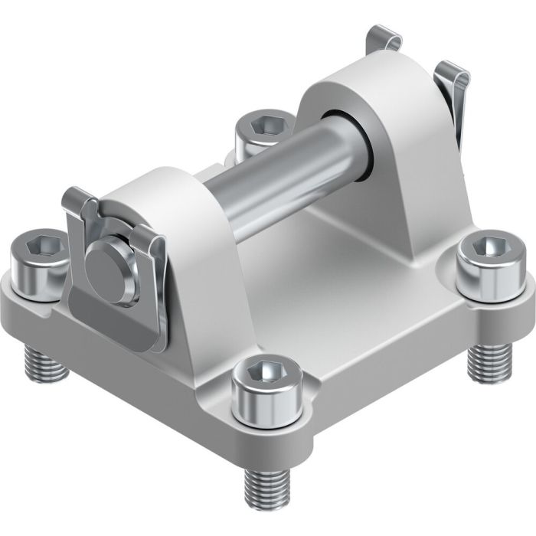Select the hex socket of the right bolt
489,247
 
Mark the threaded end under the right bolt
485,361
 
